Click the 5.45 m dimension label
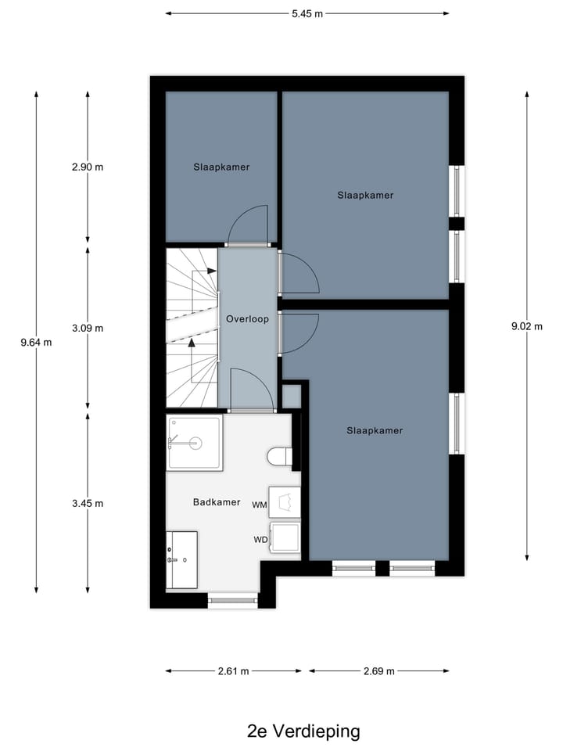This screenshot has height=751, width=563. (x=307, y=13)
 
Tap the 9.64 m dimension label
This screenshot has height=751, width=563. (x=36, y=342)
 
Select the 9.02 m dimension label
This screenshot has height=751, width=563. (x=526, y=327)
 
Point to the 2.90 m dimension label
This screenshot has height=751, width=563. (x=87, y=167)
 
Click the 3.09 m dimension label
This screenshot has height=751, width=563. (x=87, y=328)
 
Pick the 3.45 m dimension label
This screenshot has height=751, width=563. (x=87, y=503)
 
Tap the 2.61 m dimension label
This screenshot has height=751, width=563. (x=233, y=671)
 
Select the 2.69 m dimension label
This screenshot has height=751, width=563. (x=378, y=671)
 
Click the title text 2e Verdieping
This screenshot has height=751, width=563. (x=303, y=731)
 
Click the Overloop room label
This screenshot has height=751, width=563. (x=247, y=319)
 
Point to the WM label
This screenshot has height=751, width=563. (x=260, y=505)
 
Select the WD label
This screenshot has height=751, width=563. (x=260, y=540)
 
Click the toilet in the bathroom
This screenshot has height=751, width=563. (x=280, y=456)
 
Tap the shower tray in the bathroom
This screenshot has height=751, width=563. (x=195, y=443)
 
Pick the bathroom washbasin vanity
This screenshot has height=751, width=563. (x=182, y=560)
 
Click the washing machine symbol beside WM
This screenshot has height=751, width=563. (x=285, y=501)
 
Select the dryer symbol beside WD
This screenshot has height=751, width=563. (x=285, y=537)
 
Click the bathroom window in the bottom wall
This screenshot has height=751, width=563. (x=232, y=600)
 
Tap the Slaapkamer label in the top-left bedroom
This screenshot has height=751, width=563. (x=221, y=167)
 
